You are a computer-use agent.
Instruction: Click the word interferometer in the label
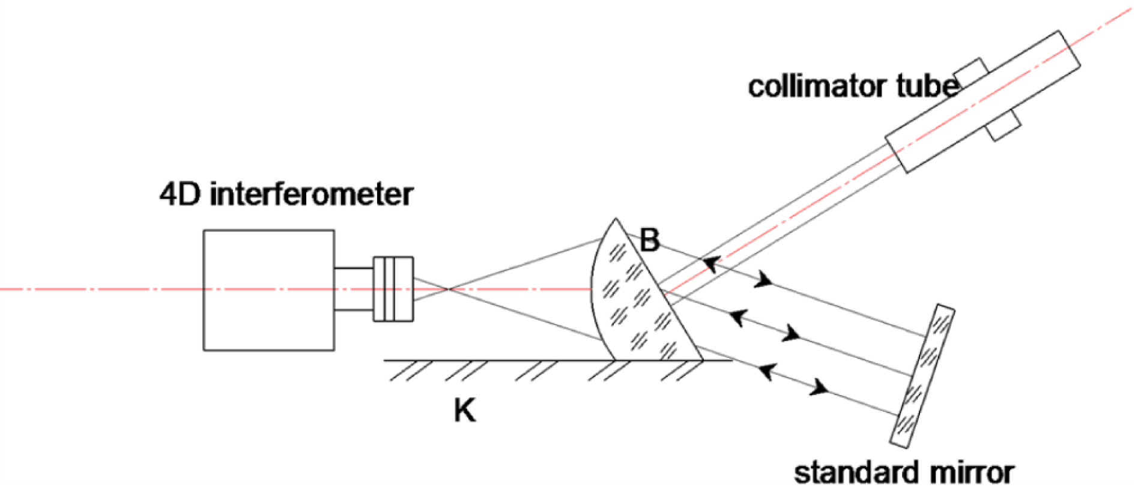[311, 195]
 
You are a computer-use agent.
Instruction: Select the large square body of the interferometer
[268, 289]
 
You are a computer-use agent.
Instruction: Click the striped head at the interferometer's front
[393, 289]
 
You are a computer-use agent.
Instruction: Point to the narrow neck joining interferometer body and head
[353, 289]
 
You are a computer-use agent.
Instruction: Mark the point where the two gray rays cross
[448, 289]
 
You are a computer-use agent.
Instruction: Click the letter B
[649, 240]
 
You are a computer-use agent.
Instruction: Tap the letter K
[464, 411]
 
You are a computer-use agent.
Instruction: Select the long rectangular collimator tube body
[982, 102]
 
